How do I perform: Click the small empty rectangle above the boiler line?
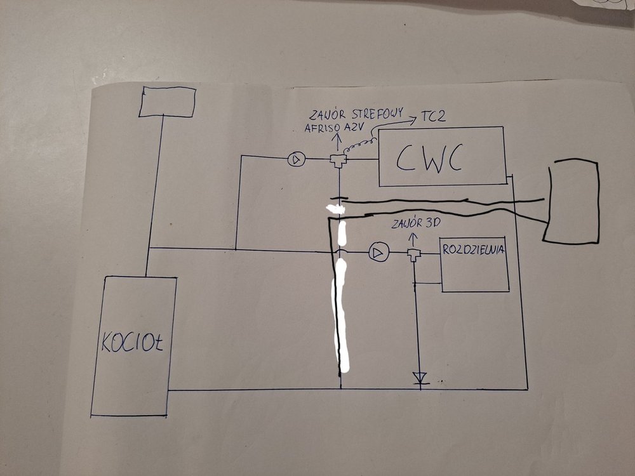[x=167, y=102]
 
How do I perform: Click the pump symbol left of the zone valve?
[x=296, y=159]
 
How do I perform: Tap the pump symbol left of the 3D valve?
[x=378, y=253]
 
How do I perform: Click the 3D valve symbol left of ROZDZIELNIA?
[x=415, y=255]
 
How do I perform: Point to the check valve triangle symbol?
[x=419, y=378]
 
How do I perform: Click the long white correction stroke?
[x=343, y=298]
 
